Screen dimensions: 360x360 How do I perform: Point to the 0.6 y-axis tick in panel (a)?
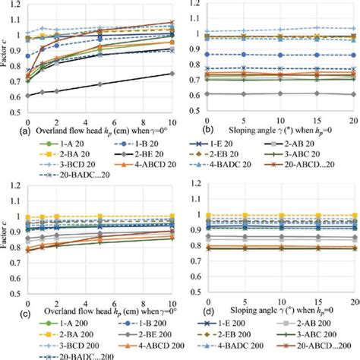19,96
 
